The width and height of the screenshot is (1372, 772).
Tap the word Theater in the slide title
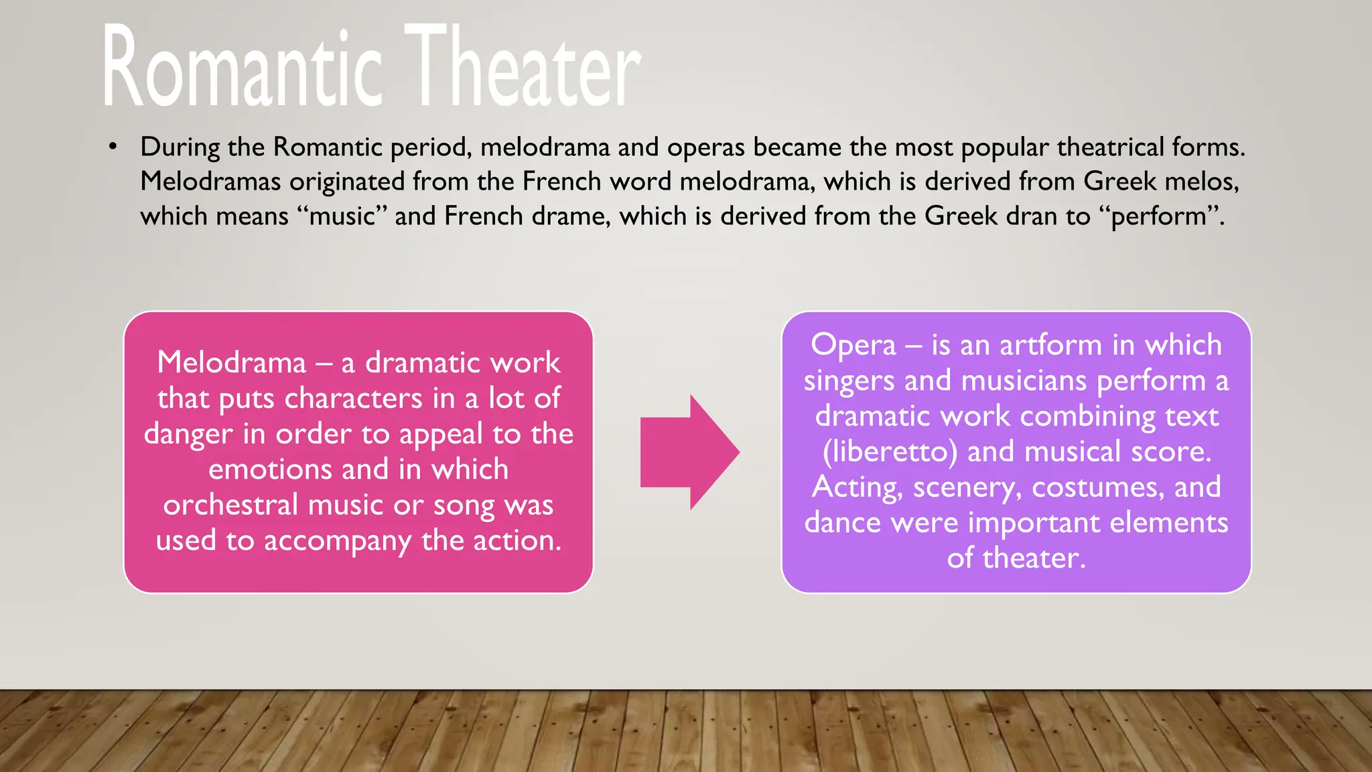click(523, 67)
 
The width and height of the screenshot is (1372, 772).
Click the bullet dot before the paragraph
click(113, 146)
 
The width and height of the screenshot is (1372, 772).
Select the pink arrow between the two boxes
click(690, 452)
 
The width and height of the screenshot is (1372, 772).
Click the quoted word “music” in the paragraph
click(342, 216)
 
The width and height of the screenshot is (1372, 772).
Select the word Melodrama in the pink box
click(231, 363)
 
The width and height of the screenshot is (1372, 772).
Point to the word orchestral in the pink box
click(230, 505)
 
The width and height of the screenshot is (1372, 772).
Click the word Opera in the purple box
click(853, 346)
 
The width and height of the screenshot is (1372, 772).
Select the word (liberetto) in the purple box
click(890, 452)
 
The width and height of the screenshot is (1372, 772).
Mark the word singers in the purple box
click(849, 381)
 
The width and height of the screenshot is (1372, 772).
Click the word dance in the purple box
click(842, 523)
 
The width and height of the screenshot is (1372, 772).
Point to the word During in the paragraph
click(180, 147)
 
